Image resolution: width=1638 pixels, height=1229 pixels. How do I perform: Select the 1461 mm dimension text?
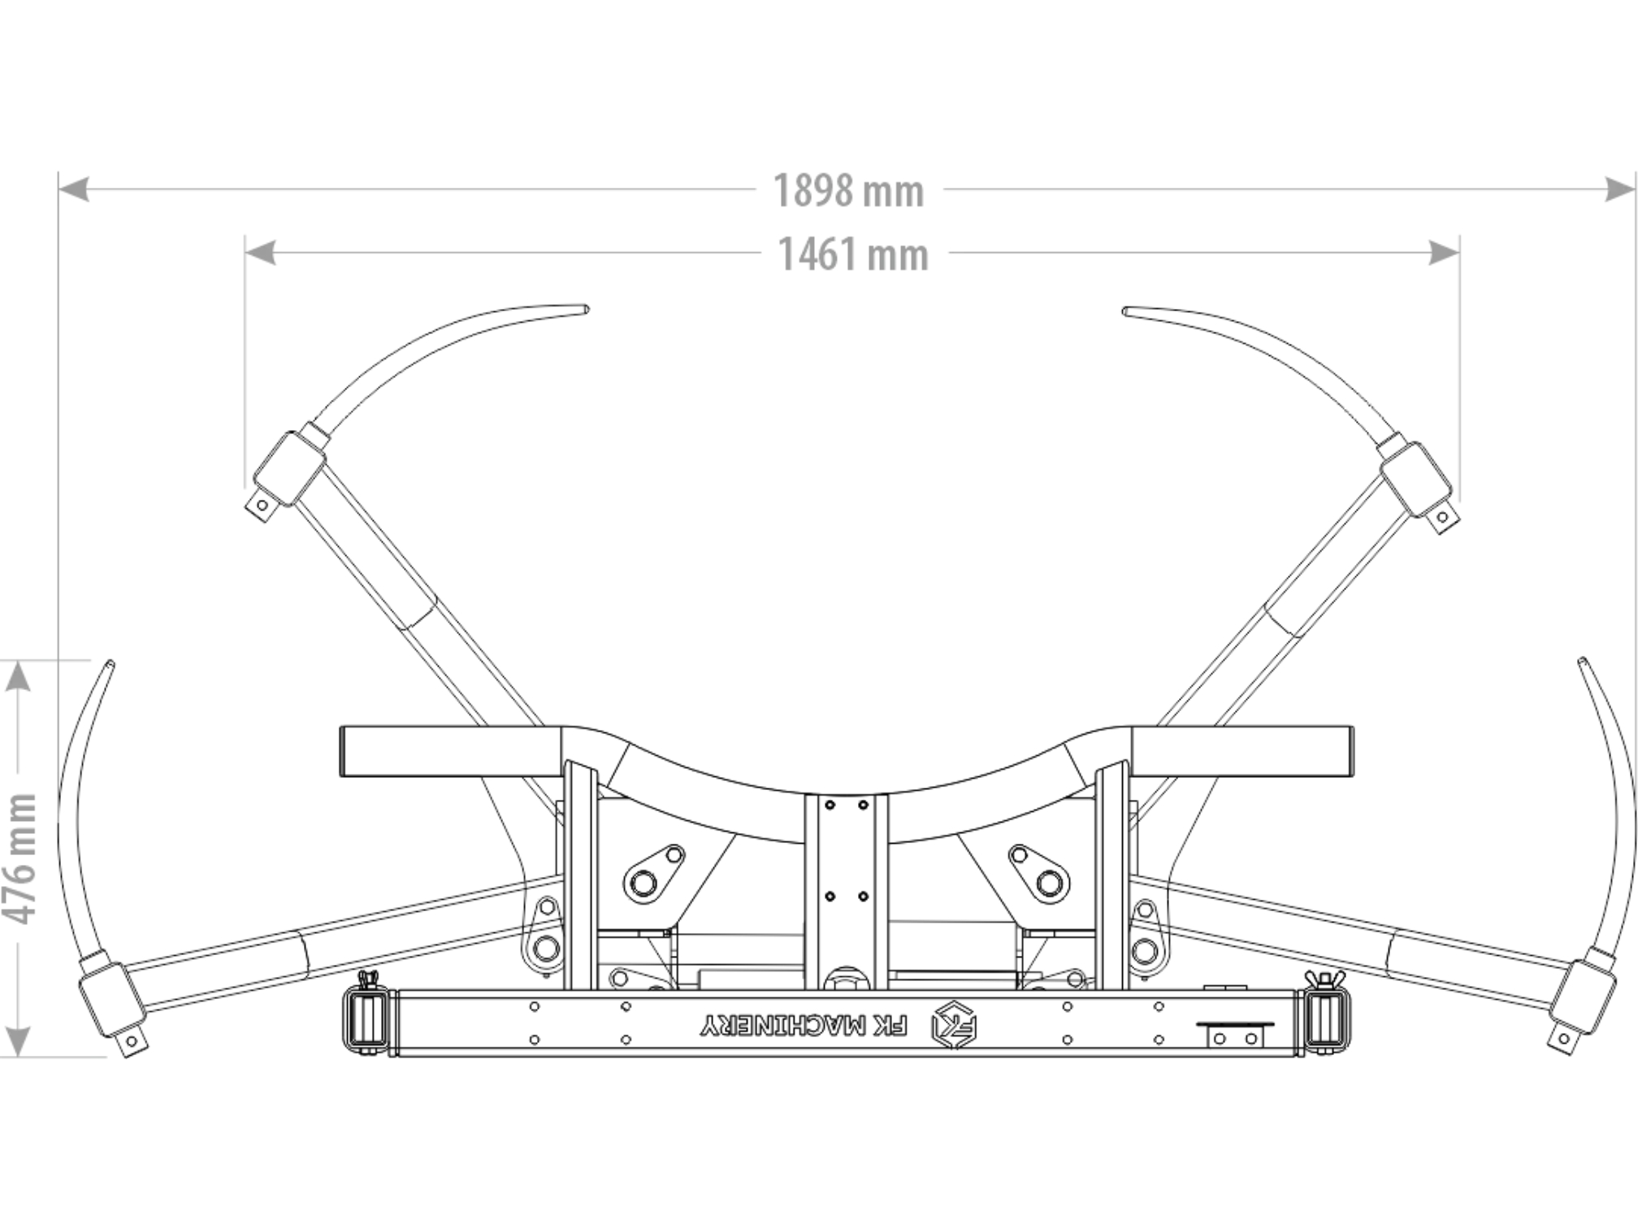[853, 254]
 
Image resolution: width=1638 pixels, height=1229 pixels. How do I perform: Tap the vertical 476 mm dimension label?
[20, 859]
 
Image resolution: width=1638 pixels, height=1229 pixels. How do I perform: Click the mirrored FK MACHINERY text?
[804, 1027]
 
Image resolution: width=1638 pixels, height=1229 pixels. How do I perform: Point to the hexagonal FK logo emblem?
[954, 1025]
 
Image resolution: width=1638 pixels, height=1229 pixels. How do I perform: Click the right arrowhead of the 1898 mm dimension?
[1621, 189]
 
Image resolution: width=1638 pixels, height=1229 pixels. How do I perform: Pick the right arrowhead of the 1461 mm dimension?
[1445, 253]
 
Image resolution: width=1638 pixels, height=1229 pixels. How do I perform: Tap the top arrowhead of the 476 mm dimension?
[18, 675]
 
